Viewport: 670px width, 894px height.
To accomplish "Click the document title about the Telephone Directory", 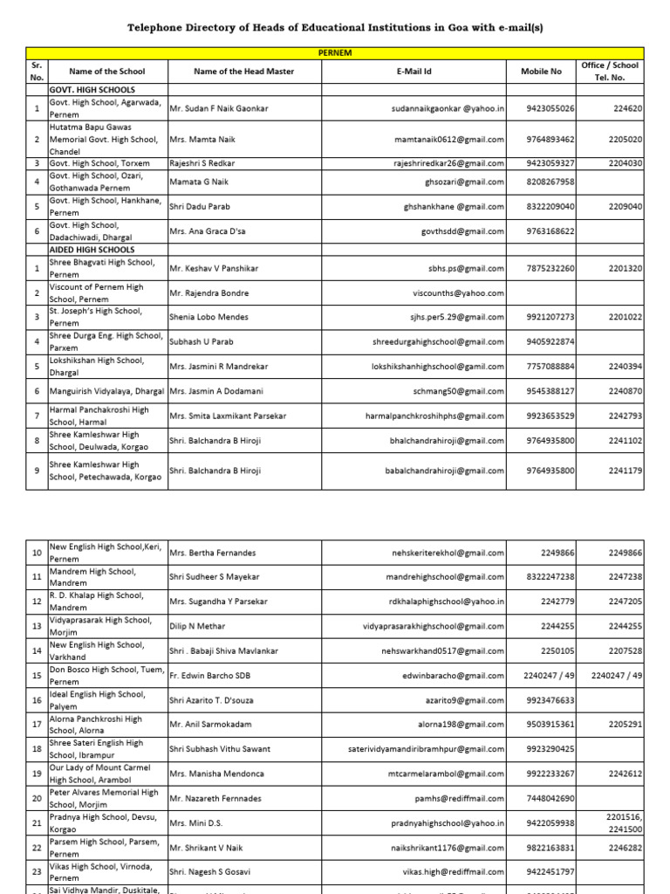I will [335, 28].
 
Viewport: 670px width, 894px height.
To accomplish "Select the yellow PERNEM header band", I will [335, 53].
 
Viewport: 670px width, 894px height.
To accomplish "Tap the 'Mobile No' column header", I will [541, 72].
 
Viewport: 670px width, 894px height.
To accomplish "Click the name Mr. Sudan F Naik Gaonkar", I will [219, 108].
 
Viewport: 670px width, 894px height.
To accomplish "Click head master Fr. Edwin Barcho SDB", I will [213, 676].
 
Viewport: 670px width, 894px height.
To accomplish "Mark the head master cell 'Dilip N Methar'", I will [198, 627].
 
